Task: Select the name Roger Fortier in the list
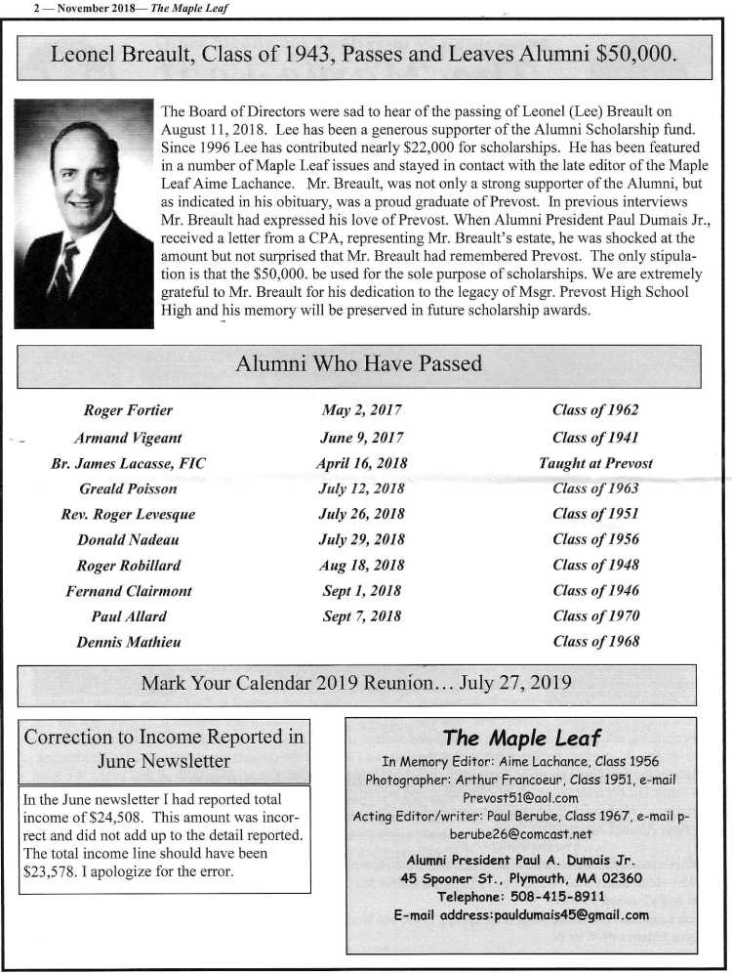[128, 410]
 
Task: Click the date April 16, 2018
[361, 463]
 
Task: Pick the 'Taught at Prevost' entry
[595, 463]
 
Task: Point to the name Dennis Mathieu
[128, 642]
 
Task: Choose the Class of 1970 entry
[595, 616]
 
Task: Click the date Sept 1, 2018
[361, 590]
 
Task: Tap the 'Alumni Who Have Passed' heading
[359, 364]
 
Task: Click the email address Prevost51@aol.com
[520, 797]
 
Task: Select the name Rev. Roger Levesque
[128, 514]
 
